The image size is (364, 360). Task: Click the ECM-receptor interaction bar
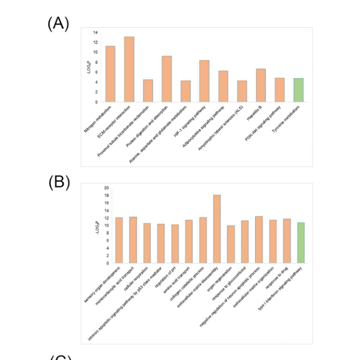pos(129,69)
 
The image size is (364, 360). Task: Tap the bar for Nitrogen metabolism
pos(110,74)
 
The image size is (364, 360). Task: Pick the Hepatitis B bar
pos(260,85)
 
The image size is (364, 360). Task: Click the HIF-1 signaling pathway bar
pos(204,81)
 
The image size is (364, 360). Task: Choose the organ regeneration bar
pos(230,245)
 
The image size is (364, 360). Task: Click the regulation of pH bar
pos(174,244)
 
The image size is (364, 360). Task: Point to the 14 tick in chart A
pos(95,32)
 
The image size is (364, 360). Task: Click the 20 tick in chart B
pos(106,188)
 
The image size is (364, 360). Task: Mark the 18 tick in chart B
pos(106,195)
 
